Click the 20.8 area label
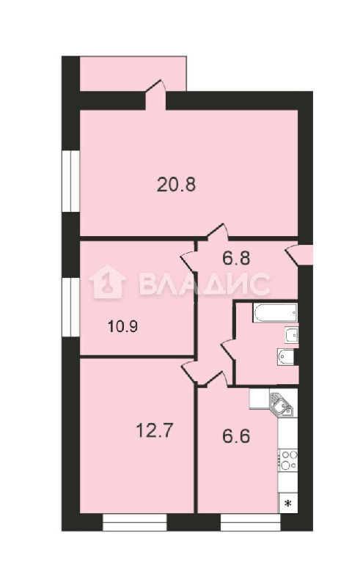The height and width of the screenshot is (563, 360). pos(176,185)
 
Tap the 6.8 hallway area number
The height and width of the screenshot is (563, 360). pos(236,258)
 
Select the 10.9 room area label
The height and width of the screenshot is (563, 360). pos(122,327)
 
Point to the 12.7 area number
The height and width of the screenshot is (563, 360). pos(155,430)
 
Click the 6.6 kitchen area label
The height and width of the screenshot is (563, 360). pos(236,437)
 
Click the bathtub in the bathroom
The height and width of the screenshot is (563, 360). pos(275,312)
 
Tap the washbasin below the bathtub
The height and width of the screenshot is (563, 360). pos(291,334)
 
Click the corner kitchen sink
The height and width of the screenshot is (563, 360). pos(282,405)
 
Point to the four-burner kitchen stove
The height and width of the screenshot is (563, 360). pos(288,460)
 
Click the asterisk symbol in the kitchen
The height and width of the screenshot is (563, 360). pos(288,504)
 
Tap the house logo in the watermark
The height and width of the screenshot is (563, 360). pos(108,281)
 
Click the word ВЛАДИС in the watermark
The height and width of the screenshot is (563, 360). pos(204,284)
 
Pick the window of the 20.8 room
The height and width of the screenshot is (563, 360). pos(70,181)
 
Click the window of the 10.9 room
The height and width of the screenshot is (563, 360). pos(70,307)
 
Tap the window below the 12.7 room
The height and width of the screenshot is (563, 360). pos(135,523)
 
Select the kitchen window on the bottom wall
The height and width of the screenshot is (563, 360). pos(251,523)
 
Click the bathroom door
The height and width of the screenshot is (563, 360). pos(229,347)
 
